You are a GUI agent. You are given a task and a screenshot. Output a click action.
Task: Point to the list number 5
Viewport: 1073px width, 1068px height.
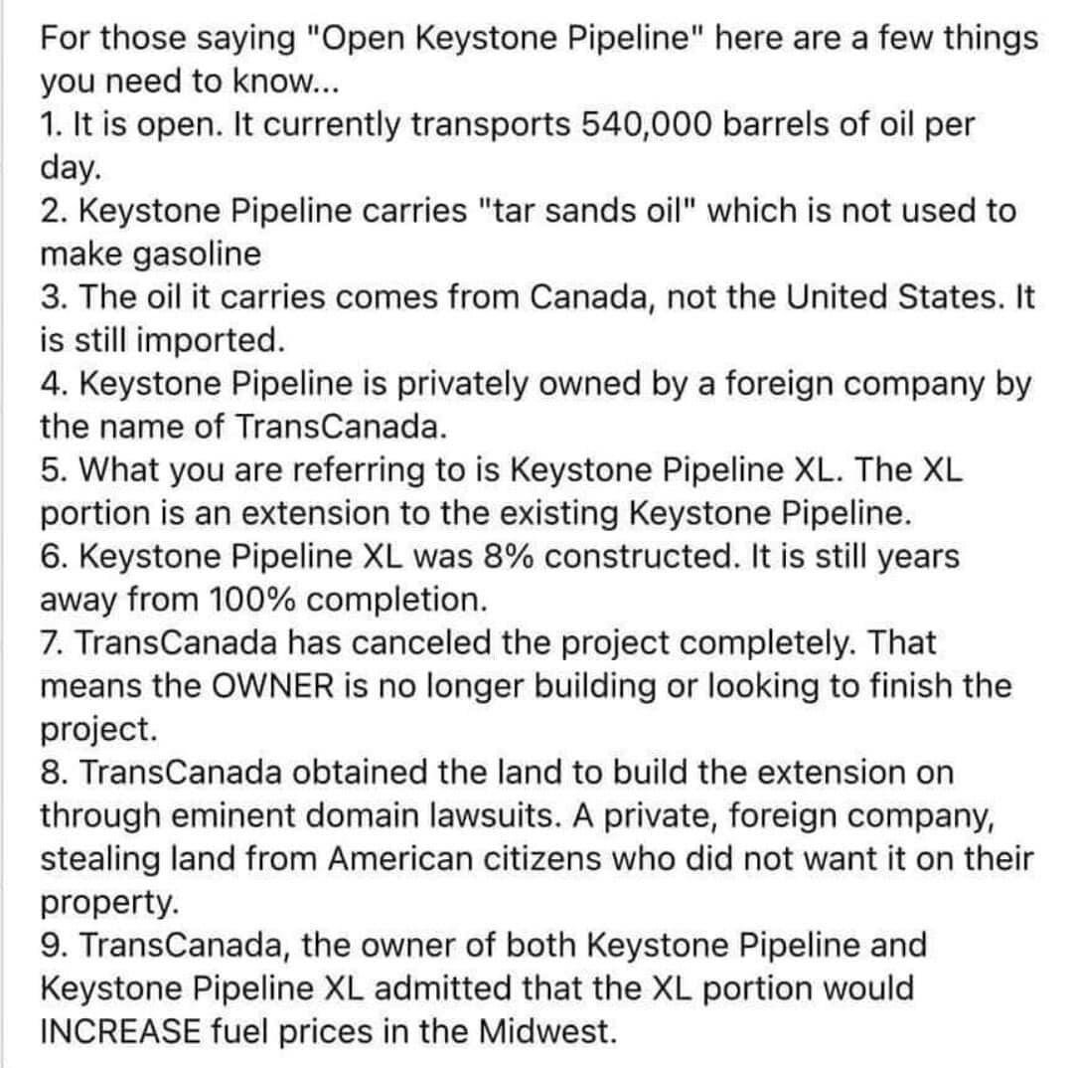click(x=51, y=470)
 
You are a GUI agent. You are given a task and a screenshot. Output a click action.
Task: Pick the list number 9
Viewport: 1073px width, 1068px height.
click(x=51, y=944)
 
